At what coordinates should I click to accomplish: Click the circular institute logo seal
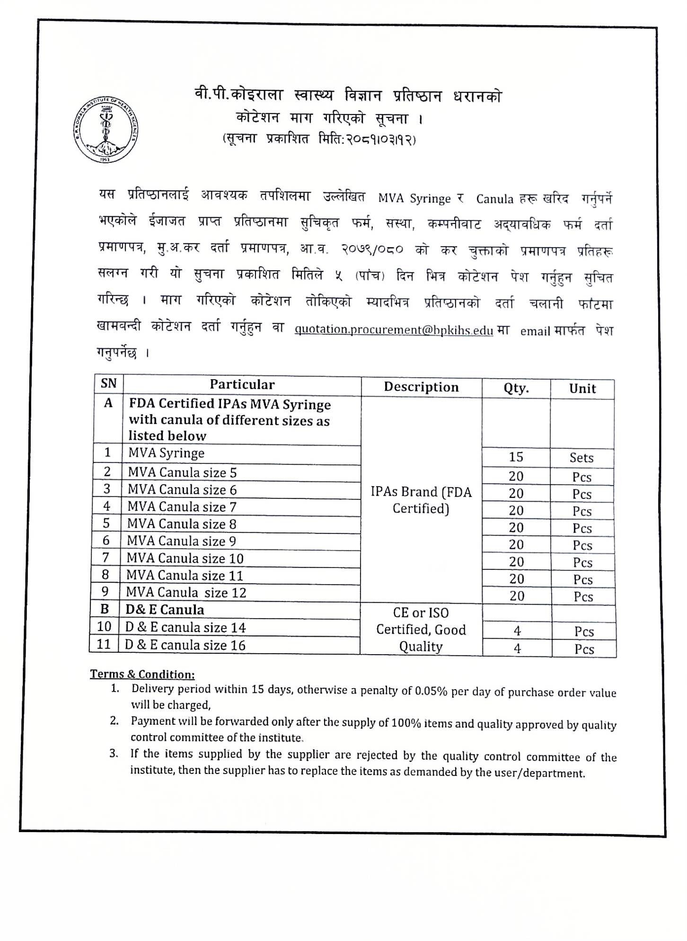click(x=106, y=130)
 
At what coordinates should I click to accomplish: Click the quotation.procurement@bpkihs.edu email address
click(x=394, y=330)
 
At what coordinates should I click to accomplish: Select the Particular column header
click(x=242, y=385)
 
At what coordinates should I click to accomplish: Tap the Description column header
click(x=421, y=387)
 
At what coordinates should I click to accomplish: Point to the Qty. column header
click(x=516, y=389)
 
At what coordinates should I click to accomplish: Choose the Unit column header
click(x=582, y=389)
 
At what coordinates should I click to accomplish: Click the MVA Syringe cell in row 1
click(x=166, y=453)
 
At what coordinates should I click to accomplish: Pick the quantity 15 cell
click(x=516, y=457)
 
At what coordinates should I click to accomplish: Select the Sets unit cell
click(x=581, y=458)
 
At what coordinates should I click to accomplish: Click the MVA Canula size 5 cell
click(x=182, y=472)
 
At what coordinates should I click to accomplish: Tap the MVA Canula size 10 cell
click(x=185, y=559)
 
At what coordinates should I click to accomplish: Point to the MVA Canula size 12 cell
click(x=186, y=593)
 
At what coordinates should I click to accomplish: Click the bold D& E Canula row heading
click(x=165, y=610)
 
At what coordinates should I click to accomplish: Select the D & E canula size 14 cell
click(x=185, y=628)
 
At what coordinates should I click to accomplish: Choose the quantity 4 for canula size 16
click(x=517, y=648)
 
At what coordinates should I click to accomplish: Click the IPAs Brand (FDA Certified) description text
click(x=421, y=500)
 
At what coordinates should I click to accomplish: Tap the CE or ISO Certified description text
click(x=421, y=630)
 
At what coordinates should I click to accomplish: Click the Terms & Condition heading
click(x=142, y=674)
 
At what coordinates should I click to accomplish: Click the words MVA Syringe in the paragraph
click(x=414, y=198)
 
